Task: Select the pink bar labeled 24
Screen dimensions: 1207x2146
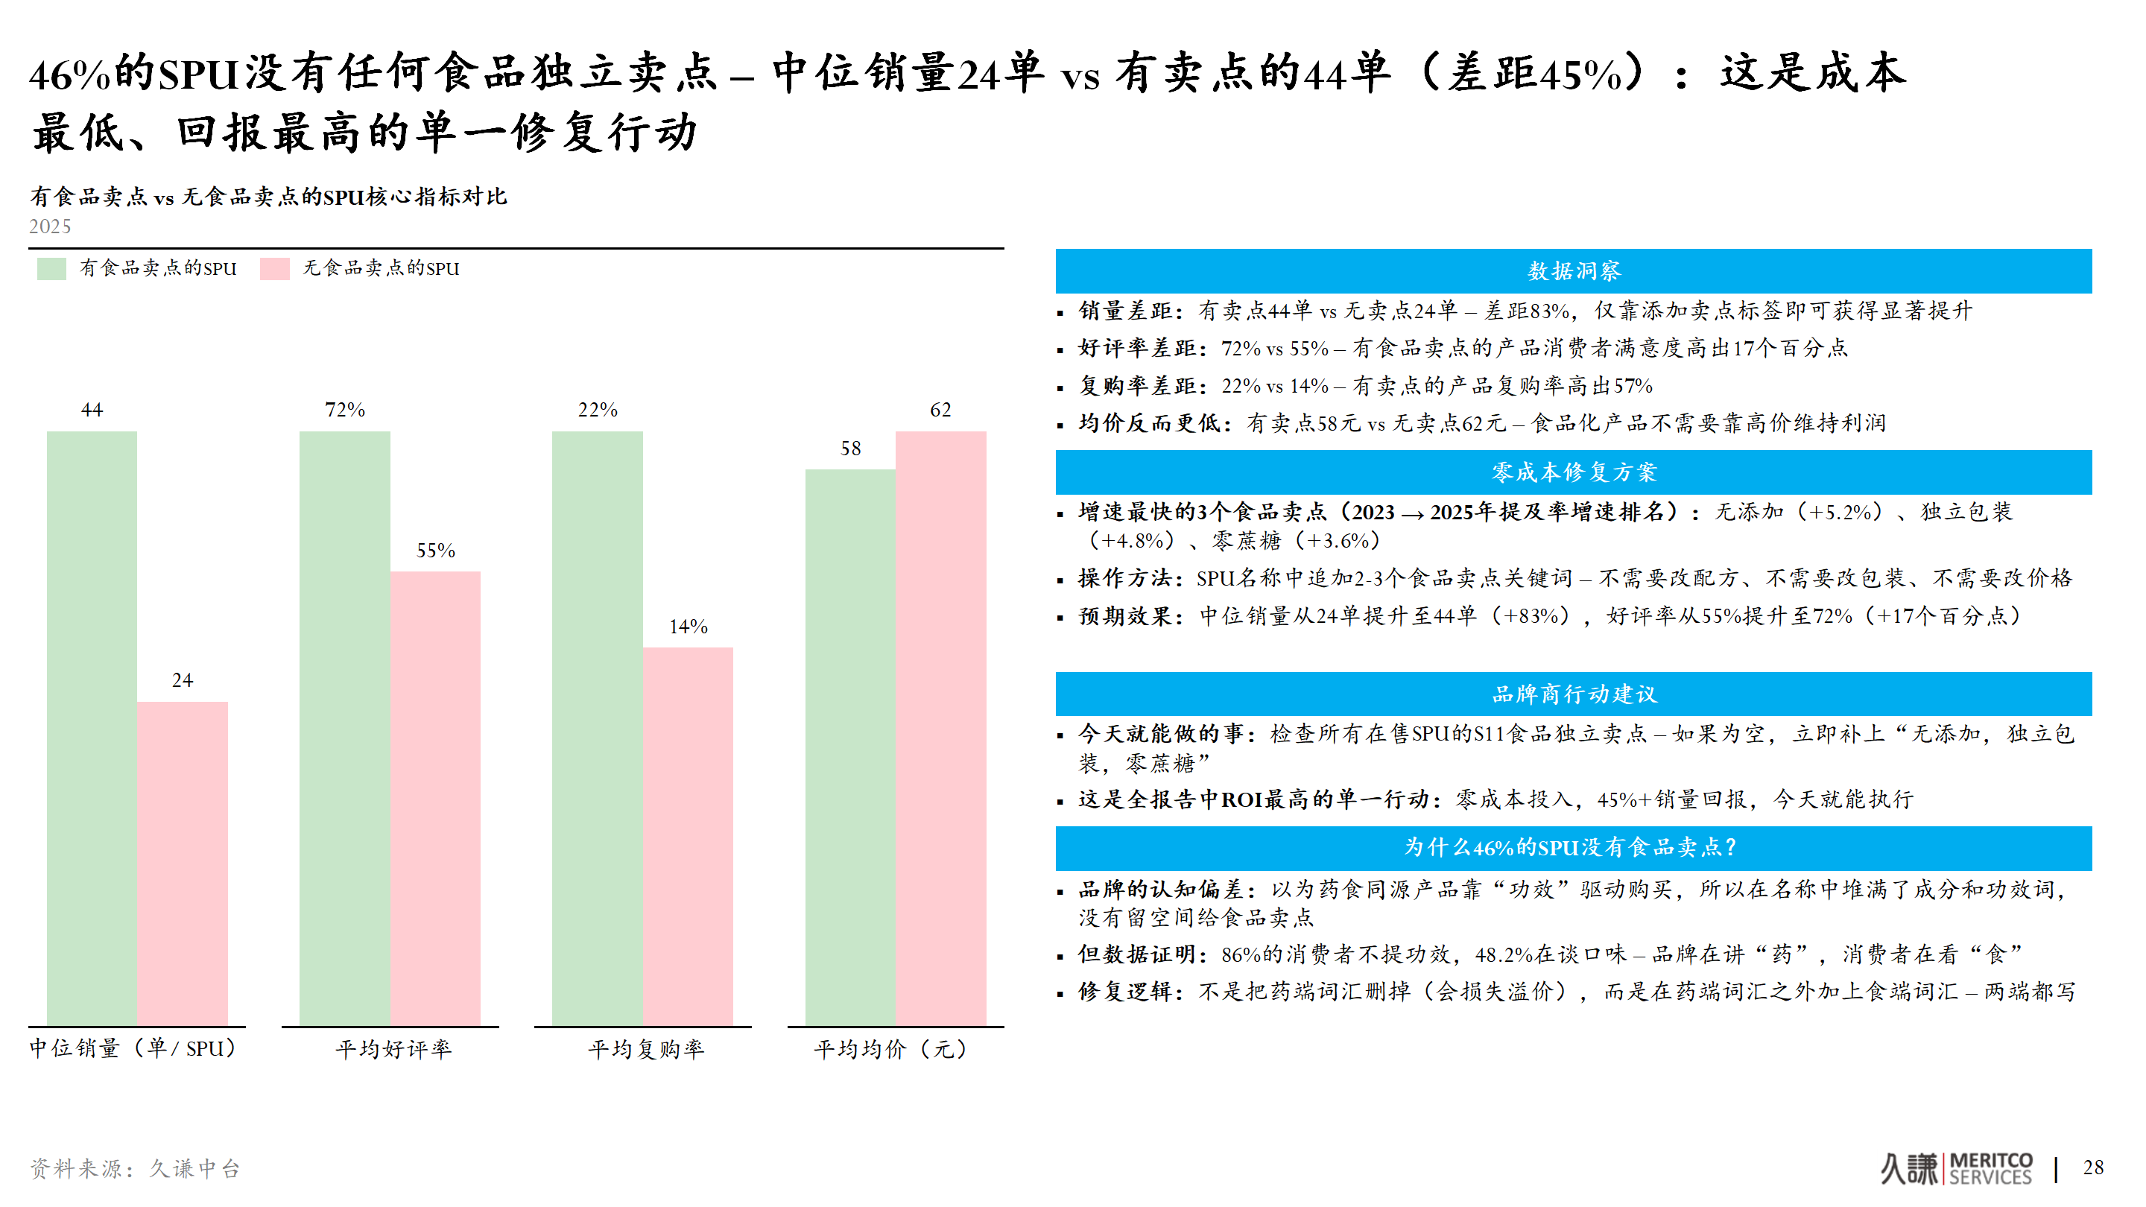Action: click(183, 863)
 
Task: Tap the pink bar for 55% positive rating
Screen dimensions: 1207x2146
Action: click(435, 797)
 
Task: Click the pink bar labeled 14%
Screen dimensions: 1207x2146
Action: click(687, 835)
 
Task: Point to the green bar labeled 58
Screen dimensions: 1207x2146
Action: click(849, 747)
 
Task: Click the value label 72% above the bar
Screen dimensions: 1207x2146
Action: click(345, 410)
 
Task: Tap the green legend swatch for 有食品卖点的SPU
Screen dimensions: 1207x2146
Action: click(51, 268)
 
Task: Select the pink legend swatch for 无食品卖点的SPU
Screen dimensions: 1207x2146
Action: click(274, 268)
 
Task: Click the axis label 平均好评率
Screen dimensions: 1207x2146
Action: click(393, 1049)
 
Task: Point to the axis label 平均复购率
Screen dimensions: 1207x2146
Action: click(645, 1049)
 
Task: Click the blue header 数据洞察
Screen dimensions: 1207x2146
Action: click(1573, 270)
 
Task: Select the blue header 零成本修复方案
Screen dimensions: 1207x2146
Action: click(1573, 472)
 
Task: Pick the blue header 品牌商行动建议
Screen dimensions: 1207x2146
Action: click(1573, 694)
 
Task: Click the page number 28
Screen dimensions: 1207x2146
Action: click(2092, 1167)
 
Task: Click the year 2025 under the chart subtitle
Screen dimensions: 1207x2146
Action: click(50, 226)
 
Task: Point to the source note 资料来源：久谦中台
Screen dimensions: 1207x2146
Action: click(135, 1169)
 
